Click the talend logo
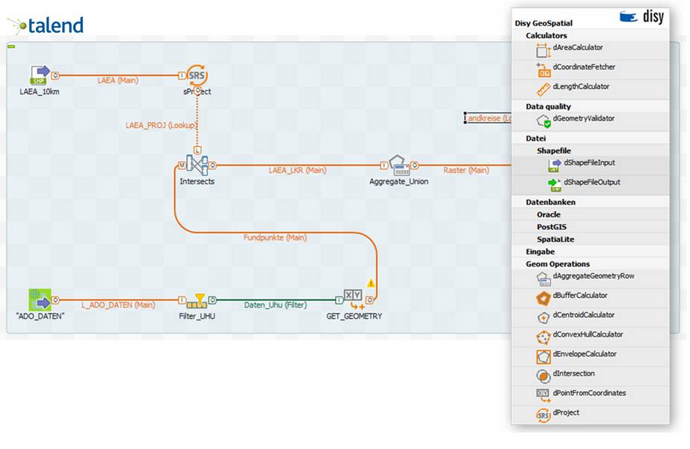click(46, 26)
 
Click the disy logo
click(641, 16)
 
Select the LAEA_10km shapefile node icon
click(40, 75)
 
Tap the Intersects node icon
click(197, 165)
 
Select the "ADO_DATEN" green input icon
click(40, 300)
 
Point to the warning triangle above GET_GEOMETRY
click(371, 284)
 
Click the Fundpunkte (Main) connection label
click(274, 237)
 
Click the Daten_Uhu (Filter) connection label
click(275, 305)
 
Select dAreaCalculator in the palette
click(577, 48)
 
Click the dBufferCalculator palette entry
click(579, 296)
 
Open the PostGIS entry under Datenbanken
click(555, 227)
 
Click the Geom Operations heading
click(558, 264)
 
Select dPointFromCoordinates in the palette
click(589, 393)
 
